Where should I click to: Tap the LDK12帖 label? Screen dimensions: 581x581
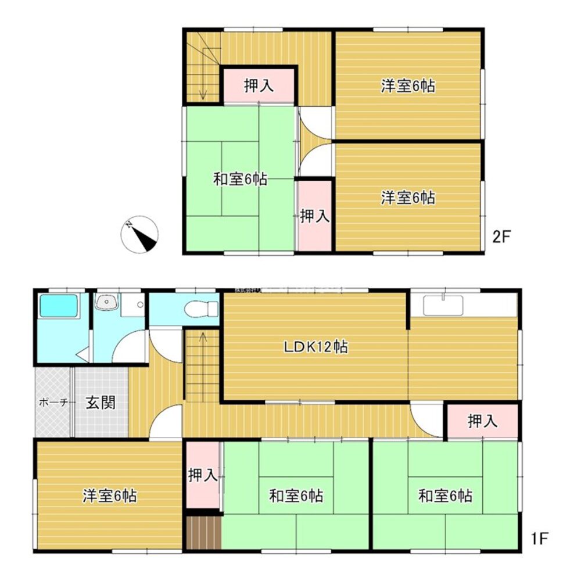[315, 347]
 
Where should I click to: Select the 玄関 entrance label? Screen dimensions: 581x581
[101, 403]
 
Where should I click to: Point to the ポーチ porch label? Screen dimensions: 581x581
[54, 402]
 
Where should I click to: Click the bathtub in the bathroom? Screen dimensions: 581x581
[58, 306]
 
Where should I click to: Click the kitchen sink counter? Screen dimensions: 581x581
[443, 304]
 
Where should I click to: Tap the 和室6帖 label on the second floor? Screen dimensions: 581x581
[240, 180]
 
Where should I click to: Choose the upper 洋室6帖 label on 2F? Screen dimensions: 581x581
[408, 87]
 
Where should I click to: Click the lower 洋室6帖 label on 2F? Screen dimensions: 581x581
[408, 198]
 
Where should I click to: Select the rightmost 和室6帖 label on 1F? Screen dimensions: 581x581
[445, 496]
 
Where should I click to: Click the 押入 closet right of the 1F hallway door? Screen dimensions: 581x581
[482, 422]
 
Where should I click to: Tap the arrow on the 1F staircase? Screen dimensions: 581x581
[203, 337]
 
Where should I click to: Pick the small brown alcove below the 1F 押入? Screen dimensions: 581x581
[204, 532]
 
